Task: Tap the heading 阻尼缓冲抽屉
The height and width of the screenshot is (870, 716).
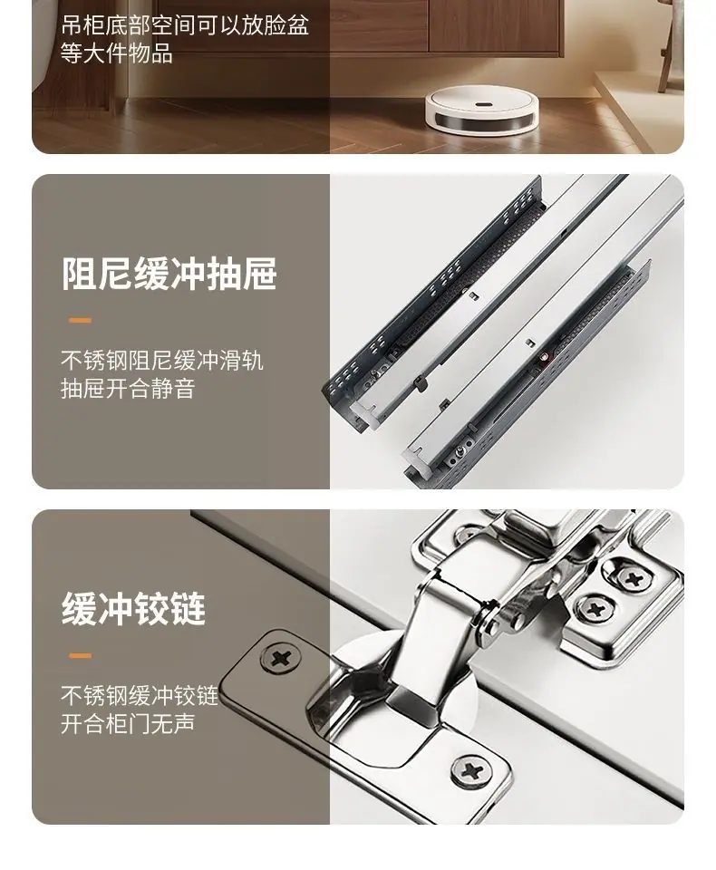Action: click(169, 273)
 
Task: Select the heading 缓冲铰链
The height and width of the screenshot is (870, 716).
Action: click(134, 609)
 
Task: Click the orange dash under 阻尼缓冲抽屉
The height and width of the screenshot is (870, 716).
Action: click(80, 320)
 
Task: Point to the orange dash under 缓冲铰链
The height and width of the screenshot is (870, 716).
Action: click(80, 656)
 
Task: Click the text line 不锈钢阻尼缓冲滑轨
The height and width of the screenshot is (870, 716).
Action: click(162, 361)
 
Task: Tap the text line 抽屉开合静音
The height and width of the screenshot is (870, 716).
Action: click(128, 389)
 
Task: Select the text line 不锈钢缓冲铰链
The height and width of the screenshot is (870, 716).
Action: click(140, 696)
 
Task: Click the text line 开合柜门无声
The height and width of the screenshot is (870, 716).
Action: click(128, 723)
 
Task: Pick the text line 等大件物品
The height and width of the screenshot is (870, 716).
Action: click(117, 53)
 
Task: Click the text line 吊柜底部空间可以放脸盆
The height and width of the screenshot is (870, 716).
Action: click(185, 25)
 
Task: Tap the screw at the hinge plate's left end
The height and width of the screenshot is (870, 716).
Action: click(281, 659)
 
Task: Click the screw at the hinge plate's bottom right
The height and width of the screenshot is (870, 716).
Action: click(471, 770)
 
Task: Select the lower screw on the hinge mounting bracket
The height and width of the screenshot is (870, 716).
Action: click(595, 610)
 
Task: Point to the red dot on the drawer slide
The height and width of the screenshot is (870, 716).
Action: click(545, 357)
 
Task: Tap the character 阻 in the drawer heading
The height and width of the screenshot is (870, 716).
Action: click(79, 273)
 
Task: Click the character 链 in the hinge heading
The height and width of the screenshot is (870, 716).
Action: click(189, 609)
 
